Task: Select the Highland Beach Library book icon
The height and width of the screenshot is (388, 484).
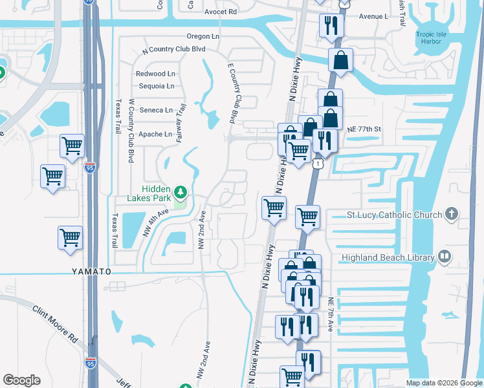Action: point(444,257)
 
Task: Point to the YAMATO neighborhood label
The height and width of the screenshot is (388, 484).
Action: point(89,272)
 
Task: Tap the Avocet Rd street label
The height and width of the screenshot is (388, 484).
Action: point(221,12)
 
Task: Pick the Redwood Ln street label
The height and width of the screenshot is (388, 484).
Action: point(157,74)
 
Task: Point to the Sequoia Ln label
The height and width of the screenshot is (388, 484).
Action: point(156,86)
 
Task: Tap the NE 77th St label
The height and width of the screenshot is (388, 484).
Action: point(364,129)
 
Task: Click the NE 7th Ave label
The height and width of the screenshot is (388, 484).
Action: point(330,315)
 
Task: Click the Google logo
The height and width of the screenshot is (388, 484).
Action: point(21,380)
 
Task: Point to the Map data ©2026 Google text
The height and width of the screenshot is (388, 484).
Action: point(443,383)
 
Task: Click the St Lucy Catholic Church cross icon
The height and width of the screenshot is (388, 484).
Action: point(452,214)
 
